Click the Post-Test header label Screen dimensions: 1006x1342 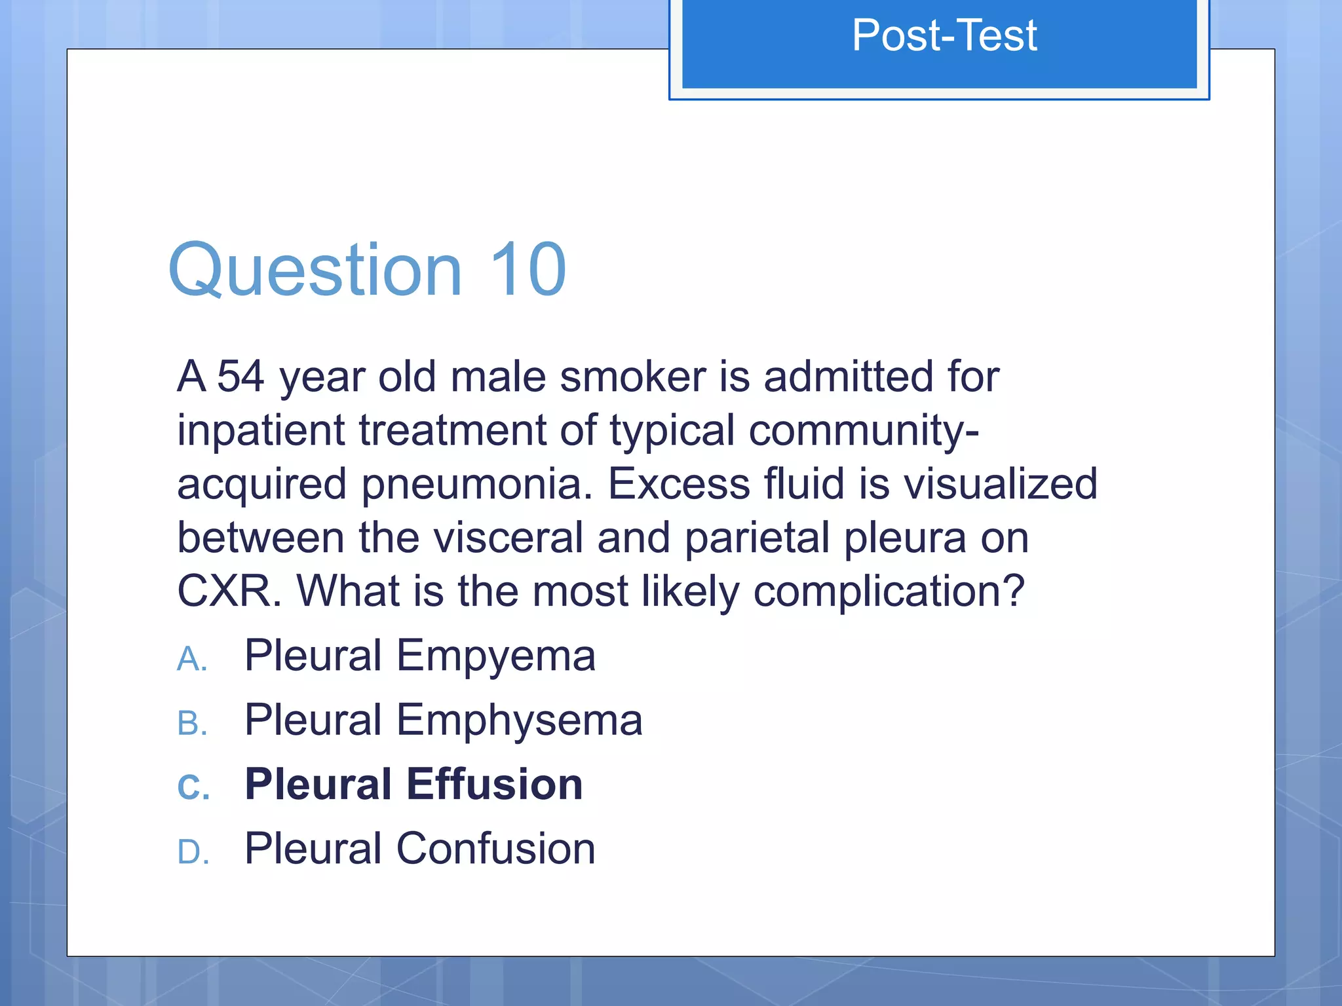[944, 35]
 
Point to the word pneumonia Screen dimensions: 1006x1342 [478, 485]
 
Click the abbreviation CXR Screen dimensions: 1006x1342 [225, 591]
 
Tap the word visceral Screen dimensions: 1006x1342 [507, 538]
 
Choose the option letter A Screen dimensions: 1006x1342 [192, 659]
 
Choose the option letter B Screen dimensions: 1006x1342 [192, 724]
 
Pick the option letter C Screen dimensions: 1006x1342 [193, 787]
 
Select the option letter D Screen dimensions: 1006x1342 [193, 852]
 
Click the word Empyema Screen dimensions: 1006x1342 [496, 656]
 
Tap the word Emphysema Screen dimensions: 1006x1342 [519, 720]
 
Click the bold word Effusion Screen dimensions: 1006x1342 [494, 784]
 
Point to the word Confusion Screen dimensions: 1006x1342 [495, 849]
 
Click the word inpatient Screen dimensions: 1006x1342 [261, 431]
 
